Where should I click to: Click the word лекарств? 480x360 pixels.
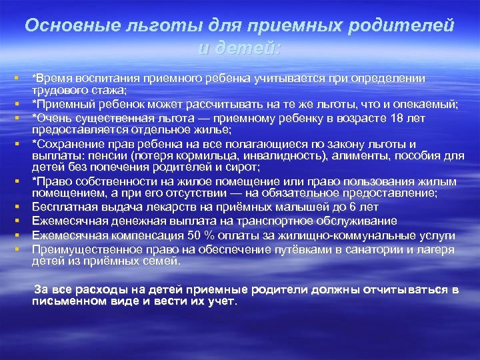point(176,207)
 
